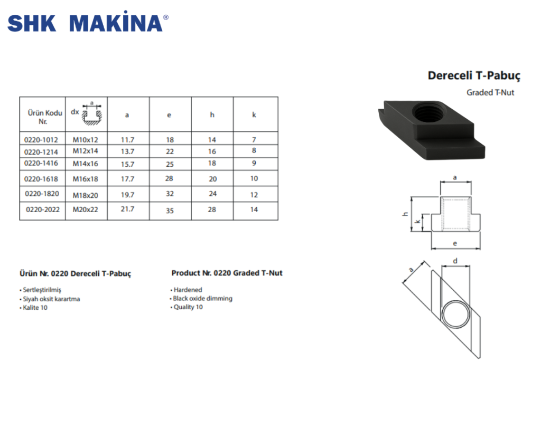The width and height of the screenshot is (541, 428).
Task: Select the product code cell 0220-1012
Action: pyautogui.click(x=41, y=140)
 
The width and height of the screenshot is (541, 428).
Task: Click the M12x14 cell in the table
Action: pyautogui.click(x=86, y=151)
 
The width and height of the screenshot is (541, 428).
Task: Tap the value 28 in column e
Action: pyautogui.click(x=169, y=178)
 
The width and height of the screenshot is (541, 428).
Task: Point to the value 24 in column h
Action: pyautogui.click(x=212, y=194)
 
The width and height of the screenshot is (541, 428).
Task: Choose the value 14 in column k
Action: pyautogui.click(x=254, y=210)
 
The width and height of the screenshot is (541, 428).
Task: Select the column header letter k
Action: pyautogui.click(x=254, y=115)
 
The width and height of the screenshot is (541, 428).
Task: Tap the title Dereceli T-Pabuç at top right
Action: pyautogui.click(x=474, y=75)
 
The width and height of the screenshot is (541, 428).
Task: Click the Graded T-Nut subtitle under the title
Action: pyautogui.click(x=490, y=92)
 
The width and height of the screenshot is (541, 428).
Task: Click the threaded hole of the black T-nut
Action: pyautogui.click(x=427, y=112)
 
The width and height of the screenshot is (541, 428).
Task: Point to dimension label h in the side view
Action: pyautogui.click(x=404, y=214)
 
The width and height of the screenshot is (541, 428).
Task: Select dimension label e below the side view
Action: pyautogui.click(x=455, y=243)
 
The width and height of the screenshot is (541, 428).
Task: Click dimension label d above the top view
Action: pyautogui.click(x=455, y=260)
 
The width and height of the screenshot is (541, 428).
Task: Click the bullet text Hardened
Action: pyautogui.click(x=188, y=290)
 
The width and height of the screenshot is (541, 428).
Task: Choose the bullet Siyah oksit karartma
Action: pyautogui.click(x=51, y=299)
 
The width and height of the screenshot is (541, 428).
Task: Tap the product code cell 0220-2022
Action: pyautogui.click(x=42, y=210)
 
